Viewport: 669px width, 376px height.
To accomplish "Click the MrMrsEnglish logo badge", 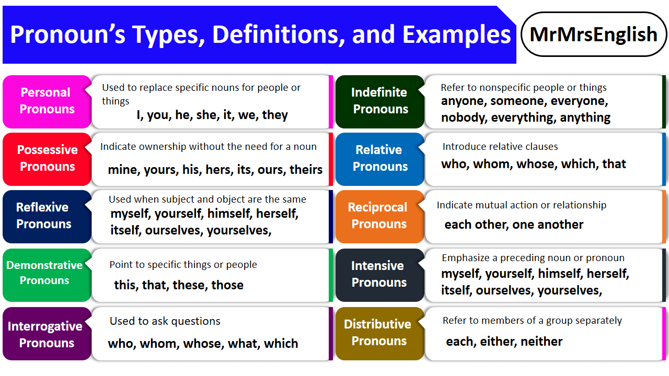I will (x=594, y=34).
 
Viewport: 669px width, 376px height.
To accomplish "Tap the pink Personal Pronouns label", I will (x=46, y=101).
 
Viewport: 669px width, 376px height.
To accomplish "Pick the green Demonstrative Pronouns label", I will (x=44, y=273).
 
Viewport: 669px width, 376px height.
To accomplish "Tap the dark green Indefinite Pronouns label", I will (x=379, y=101).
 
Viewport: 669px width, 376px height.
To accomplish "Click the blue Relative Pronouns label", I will (x=379, y=158).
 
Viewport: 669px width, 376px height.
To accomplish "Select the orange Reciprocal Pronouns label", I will (x=378, y=216).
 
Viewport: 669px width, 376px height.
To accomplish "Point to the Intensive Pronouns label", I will (x=378, y=274).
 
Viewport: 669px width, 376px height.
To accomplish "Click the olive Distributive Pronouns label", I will (x=378, y=333).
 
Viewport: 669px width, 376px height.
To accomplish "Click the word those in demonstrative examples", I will (x=227, y=285).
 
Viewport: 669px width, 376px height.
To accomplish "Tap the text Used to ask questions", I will (x=165, y=321).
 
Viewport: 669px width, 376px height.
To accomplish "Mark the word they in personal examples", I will (x=275, y=115).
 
